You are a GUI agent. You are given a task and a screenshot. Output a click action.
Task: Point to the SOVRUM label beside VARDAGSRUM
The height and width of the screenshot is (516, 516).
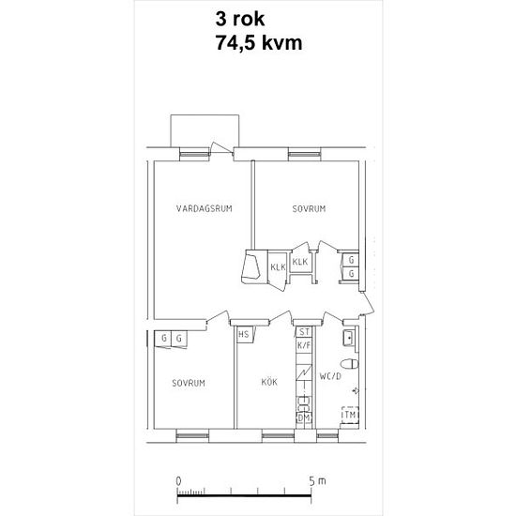pos(308,208)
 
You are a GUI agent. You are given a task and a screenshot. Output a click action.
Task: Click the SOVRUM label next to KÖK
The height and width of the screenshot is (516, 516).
pos(188,383)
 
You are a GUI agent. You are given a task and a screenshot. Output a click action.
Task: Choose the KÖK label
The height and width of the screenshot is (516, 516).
pos(270,383)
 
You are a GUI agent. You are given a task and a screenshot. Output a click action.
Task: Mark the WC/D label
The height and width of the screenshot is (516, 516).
pos(330,377)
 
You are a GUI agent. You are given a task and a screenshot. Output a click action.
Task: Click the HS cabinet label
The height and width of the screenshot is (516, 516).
pos(243,334)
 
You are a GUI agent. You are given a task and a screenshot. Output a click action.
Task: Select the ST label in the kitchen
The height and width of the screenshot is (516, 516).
pos(303,333)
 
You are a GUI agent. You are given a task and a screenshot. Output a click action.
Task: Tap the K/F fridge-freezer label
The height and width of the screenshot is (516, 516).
pos(303,346)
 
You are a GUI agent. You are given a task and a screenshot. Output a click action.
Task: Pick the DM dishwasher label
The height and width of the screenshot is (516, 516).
pos(303,418)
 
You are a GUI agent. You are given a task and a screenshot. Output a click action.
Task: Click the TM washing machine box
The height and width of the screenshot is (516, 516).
pos(349,415)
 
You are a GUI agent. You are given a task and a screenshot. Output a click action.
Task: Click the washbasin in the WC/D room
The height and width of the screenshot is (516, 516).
pos(348,337)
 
